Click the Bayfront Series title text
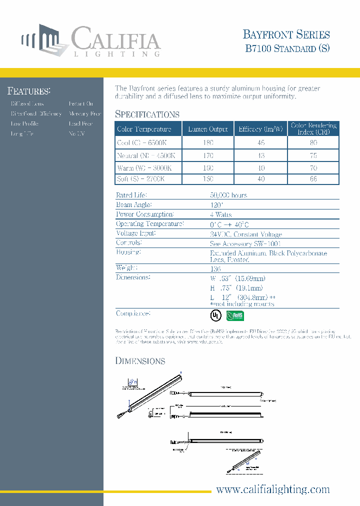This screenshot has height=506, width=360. click(286, 34)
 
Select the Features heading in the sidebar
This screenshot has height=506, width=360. click(28, 91)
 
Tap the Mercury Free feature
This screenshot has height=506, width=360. click(85, 113)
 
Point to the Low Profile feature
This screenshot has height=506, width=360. click(24, 123)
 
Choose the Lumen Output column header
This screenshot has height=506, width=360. click(207, 129)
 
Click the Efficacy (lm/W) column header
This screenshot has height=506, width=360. click(260, 129)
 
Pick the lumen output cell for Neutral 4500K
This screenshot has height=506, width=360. click(207, 155)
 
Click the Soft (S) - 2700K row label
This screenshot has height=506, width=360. click(140, 178)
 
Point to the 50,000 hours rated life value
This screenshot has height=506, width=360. click(228, 195)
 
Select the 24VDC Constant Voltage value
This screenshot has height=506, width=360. click(246, 234)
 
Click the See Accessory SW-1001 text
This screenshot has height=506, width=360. click(241, 243)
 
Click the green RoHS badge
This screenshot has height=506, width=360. click(235, 315)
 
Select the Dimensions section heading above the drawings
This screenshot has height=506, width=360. click(140, 361)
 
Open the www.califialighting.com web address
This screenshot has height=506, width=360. click(272, 489)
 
